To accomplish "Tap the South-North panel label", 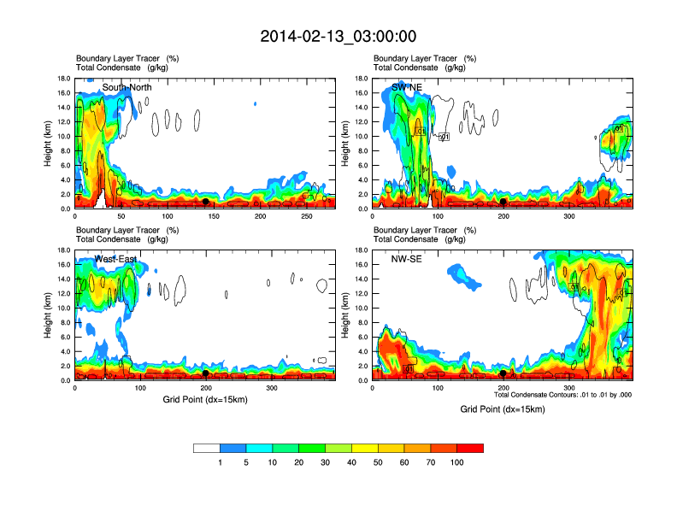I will [128, 87].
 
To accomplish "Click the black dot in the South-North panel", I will [205, 202].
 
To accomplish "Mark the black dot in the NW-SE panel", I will [503, 373].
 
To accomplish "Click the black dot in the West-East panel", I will [206, 373].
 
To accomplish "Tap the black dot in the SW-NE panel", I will [503, 202].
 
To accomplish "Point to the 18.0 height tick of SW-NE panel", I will [360, 79].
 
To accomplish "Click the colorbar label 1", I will [221, 462].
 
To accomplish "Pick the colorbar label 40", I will [351, 462].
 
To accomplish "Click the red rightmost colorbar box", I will [470, 448].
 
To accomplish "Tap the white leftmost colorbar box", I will [207, 448].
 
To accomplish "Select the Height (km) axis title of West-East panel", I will [49, 315].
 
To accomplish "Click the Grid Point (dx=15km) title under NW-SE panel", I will [502, 408].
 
